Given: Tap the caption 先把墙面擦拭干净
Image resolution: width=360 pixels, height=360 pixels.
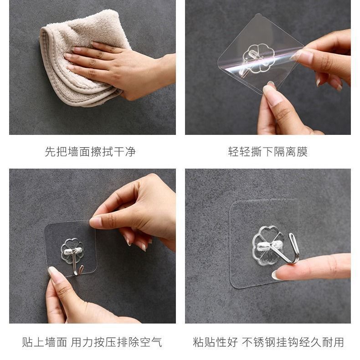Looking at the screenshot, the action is pyautogui.click(x=90, y=152).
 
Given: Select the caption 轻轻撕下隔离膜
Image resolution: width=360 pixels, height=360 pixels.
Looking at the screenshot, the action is pyautogui.click(x=267, y=152).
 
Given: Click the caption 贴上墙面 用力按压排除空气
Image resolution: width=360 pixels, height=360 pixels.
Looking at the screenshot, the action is pyautogui.click(x=92, y=342).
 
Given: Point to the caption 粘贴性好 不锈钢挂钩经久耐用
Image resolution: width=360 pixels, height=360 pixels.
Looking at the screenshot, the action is pyautogui.click(x=268, y=342).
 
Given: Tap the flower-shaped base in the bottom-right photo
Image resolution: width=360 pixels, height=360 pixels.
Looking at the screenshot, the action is pyautogui.click(x=268, y=246).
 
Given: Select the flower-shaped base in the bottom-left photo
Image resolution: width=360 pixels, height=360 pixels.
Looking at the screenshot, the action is pyautogui.click(x=72, y=251).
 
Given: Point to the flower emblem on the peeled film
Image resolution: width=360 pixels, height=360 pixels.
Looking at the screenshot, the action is pyautogui.click(x=258, y=59).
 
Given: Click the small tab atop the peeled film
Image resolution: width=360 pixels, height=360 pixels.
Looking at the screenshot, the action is pyautogui.click(x=258, y=15).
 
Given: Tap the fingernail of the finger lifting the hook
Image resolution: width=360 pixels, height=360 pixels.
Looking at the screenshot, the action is pyautogui.click(x=276, y=275).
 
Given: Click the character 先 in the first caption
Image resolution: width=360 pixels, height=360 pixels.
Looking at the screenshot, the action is pyautogui.click(x=50, y=152).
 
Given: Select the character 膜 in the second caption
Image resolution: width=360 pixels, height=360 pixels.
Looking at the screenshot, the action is pyautogui.click(x=302, y=152).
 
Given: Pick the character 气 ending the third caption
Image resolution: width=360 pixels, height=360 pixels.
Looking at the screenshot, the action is pyautogui.click(x=157, y=342).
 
